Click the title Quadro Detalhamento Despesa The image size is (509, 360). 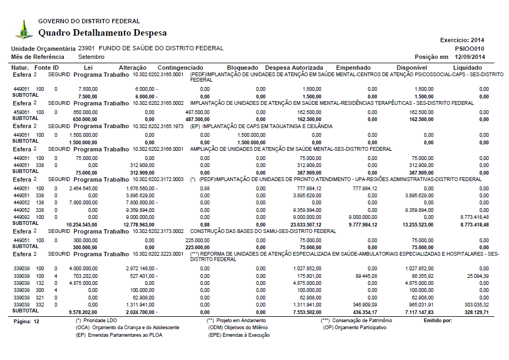(x=102, y=33)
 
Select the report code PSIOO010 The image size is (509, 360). (x=470, y=48)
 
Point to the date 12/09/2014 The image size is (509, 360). (x=470, y=57)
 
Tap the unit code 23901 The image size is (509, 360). (x=86, y=48)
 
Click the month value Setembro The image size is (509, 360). (x=91, y=57)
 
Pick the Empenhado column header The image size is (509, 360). (x=353, y=68)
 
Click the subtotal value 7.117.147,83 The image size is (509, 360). (x=418, y=312)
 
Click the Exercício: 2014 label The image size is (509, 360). (x=463, y=40)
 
